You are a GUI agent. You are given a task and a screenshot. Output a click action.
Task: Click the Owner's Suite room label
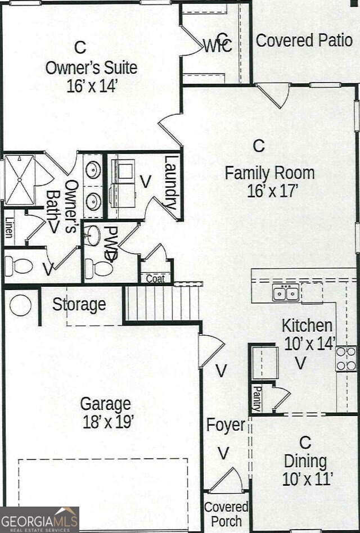click(x=91, y=68)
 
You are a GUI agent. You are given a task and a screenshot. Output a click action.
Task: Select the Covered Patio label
click(x=304, y=40)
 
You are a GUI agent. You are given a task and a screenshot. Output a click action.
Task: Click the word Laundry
click(x=171, y=183)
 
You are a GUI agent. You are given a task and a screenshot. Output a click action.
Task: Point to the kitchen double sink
click(x=286, y=293)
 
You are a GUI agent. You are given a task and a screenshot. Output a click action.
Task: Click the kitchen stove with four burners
click(x=346, y=358)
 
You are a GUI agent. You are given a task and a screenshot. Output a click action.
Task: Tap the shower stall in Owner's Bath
click(x=20, y=179)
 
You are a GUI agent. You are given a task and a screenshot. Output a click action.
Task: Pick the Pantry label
click(x=256, y=398)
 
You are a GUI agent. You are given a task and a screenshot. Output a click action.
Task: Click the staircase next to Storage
click(x=162, y=303)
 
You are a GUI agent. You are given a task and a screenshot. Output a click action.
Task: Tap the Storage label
click(x=79, y=305)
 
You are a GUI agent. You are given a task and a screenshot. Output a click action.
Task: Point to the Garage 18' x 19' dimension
click(x=106, y=422)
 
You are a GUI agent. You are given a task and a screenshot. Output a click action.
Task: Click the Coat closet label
click(x=155, y=279)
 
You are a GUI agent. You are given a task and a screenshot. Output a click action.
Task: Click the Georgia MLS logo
click(x=39, y=519)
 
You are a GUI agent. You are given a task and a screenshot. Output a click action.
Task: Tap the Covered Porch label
click(x=226, y=514)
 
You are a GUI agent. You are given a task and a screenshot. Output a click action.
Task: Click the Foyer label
click(x=226, y=425)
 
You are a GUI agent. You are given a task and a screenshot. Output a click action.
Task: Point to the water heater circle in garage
click(x=21, y=305)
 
